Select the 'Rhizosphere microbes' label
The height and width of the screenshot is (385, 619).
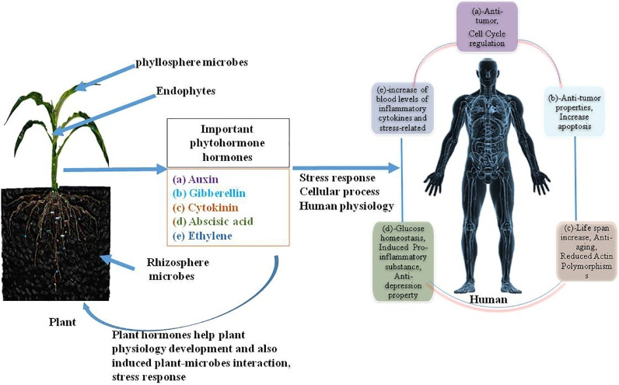(x=174, y=267)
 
